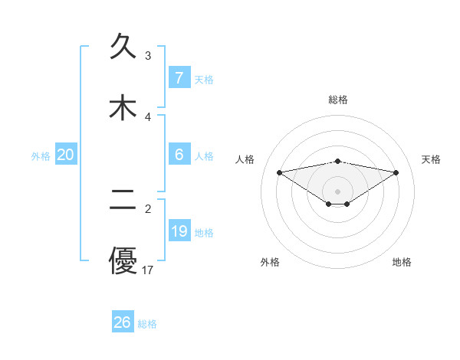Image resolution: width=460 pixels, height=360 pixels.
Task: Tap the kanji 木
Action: click(123, 107)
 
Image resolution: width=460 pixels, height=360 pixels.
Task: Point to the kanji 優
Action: click(123, 260)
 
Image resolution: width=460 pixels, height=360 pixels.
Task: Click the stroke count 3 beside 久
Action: click(148, 55)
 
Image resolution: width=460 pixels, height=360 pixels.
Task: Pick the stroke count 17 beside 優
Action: click(149, 270)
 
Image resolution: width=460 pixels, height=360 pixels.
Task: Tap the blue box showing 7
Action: click(179, 77)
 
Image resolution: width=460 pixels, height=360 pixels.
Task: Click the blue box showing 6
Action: click(179, 154)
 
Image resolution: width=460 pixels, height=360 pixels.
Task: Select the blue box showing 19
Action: click(179, 231)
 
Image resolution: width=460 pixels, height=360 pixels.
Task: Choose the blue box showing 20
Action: click(66, 155)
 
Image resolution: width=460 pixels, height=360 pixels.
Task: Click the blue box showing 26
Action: click(123, 322)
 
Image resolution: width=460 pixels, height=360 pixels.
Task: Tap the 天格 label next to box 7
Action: click(204, 79)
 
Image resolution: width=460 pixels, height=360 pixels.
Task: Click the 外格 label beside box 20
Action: click(41, 155)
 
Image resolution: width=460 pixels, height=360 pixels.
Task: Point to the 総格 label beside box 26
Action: click(147, 324)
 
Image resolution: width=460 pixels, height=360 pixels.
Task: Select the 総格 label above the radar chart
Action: click(337, 100)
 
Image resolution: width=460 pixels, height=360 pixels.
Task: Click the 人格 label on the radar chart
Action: click(246, 159)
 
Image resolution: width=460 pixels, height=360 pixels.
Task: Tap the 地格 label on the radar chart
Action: click(402, 262)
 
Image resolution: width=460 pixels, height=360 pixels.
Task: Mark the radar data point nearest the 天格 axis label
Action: click(396, 172)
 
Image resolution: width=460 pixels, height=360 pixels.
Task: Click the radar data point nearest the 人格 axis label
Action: click(279, 172)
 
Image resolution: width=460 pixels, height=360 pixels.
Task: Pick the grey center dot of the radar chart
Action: click(337, 191)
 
